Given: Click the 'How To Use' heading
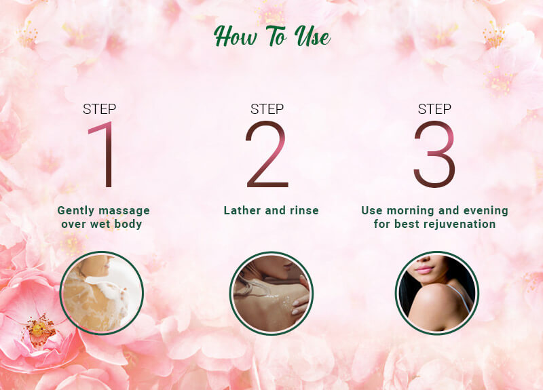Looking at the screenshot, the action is pos(272,36).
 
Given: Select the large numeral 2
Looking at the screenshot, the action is pos(267,154).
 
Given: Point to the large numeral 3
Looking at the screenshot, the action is pos(434,154).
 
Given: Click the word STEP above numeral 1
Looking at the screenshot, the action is pos(99,109).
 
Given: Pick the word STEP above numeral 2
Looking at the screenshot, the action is pos(267,109).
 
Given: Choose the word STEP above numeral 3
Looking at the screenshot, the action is pos(434,109).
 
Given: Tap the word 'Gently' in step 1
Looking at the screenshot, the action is pos(76,211).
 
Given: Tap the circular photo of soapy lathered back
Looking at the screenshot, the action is pos(101,293).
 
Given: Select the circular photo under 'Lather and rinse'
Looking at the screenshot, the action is pos(271,293).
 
